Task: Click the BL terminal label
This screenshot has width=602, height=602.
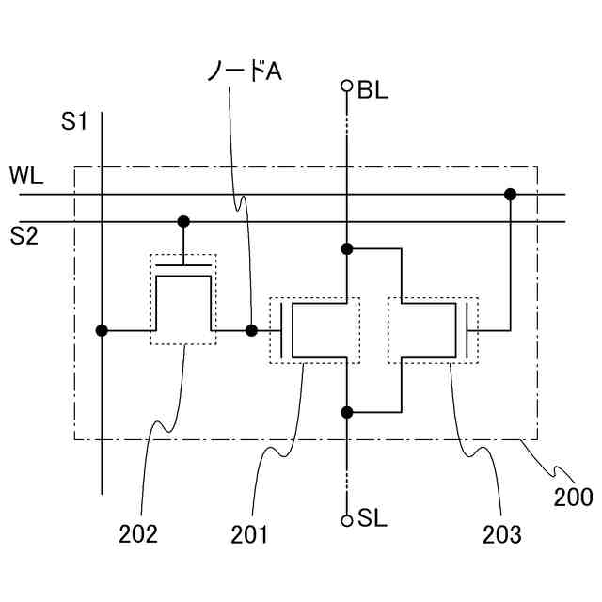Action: click(372, 91)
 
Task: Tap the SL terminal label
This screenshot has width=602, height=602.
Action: click(372, 518)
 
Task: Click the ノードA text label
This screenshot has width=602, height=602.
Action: click(244, 71)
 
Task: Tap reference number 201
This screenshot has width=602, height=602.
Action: click(249, 534)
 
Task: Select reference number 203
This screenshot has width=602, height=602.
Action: click(501, 534)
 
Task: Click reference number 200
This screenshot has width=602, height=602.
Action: click(573, 498)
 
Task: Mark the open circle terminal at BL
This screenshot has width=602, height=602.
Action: click(346, 87)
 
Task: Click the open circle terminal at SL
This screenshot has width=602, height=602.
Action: click(346, 518)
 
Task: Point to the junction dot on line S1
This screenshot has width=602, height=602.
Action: click(102, 330)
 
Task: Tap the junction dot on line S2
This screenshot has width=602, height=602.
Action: click(184, 222)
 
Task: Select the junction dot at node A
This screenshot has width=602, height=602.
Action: click(251, 330)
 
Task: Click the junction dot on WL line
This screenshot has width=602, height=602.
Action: click(510, 195)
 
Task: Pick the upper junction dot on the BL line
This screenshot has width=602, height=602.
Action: click(346, 249)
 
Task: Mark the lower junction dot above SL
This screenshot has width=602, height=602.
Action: click(346, 412)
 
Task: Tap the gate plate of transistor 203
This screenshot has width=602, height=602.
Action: click(467, 330)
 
